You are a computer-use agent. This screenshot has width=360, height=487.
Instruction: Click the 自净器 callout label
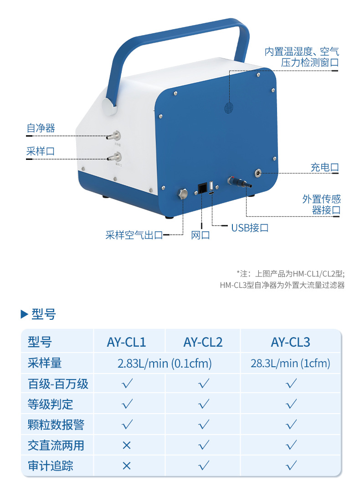[41, 128]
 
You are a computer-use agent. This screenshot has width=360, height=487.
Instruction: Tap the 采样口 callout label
[41, 151]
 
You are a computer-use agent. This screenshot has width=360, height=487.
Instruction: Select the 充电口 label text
[325, 167]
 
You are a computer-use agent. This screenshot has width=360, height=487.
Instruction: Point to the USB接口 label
[250, 227]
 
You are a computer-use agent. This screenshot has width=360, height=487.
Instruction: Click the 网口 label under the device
[201, 235]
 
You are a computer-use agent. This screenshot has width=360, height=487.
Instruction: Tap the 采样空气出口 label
[134, 235]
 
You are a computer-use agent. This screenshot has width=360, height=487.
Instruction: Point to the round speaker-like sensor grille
[228, 108]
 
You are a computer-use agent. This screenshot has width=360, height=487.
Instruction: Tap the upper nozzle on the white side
[114, 135]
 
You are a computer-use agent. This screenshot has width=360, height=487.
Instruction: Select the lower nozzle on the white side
[114, 158]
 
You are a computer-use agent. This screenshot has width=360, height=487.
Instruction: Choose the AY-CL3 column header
[290, 342]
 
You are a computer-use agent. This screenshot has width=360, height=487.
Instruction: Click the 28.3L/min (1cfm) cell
[290, 363]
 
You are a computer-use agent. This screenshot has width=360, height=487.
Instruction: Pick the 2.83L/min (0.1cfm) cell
[165, 363]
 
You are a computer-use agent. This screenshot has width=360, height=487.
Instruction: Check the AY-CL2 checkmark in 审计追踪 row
[204, 466]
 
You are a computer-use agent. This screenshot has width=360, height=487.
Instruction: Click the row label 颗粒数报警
[56, 425]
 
